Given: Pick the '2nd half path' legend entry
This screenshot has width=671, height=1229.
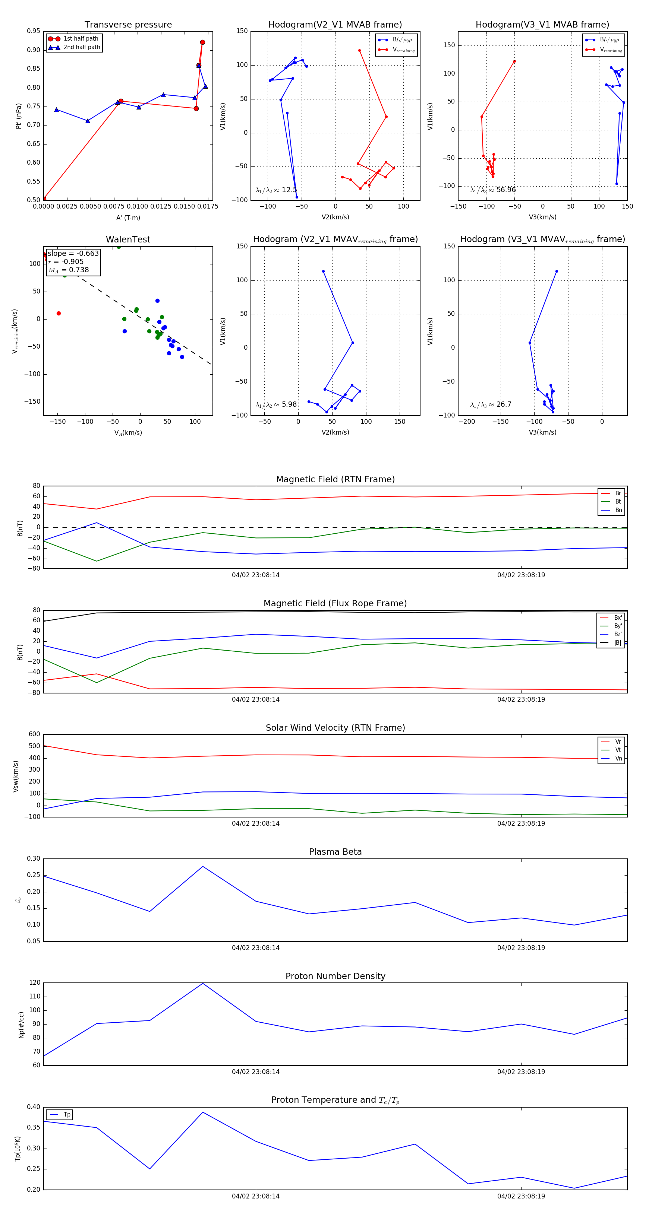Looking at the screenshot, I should click(x=82, y=47).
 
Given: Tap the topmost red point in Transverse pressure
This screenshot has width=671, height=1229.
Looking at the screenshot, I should click(x=202, y=42).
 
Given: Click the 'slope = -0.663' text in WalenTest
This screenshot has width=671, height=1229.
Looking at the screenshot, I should click(x=73, y=253).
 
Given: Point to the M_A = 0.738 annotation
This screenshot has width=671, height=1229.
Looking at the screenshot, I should click(x=68, y=270).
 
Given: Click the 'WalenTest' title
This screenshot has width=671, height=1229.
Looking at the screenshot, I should click(x=128, y=239).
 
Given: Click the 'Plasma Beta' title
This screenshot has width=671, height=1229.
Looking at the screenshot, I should click(x=335, y=852).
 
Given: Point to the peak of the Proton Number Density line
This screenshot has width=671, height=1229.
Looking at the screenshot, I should click(x=203, y=983).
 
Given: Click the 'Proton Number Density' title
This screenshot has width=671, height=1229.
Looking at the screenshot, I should click(x=335, y=976).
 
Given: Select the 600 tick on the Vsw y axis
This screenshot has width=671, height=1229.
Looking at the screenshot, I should click(x=34, y=734).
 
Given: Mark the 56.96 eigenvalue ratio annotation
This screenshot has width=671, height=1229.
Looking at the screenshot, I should click(x=493, y=190).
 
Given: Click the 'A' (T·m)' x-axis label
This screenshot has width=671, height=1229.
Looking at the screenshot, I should click(x=128, y=217).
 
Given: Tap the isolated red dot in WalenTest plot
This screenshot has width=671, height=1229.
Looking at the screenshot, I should click(x=59, y=314).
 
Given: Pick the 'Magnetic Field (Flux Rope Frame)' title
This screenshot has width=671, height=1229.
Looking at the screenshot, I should click(x=335, y=604).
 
